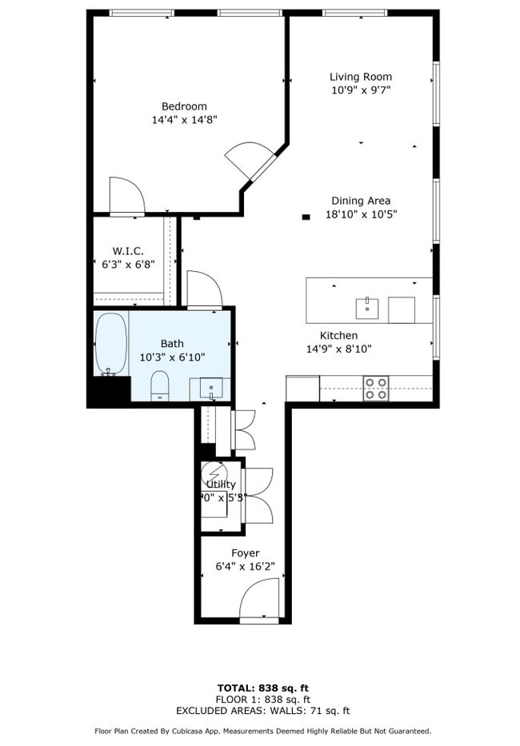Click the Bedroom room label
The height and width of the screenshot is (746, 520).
pos(184,106)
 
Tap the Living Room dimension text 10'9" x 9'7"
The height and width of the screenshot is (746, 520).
pos(361,90)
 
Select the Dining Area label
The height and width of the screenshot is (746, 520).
pos(361,201)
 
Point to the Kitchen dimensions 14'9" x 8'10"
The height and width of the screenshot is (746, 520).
pos(338,349)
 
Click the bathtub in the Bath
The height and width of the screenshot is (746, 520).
pos(110,344)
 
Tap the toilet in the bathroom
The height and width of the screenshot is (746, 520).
pos(160,385)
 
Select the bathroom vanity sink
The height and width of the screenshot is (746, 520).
pos(211,389)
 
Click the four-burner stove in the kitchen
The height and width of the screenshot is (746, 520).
pos(376,389)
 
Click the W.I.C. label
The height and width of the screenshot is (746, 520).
pos(128,250)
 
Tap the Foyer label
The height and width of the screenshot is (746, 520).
pos(245,553)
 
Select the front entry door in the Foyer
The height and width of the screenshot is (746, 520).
pos(258,601)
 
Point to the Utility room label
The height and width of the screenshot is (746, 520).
pos(221,485)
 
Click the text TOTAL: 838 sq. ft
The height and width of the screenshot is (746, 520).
pos(262,688)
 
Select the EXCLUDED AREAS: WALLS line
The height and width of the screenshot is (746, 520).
pos(262,710)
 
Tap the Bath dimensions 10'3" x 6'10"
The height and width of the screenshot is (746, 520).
pos(172,357)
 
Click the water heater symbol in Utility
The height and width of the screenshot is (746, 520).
pos(214,472)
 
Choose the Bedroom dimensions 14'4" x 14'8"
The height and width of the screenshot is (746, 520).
pos(184,120)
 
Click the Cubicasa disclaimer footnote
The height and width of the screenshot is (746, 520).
pos(262,731)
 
